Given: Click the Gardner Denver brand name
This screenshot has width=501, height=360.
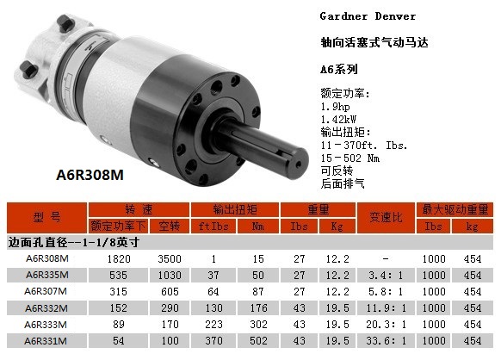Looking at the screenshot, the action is [x=368, y=16].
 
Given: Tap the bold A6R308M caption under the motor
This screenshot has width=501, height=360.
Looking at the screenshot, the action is [x=90, y=175].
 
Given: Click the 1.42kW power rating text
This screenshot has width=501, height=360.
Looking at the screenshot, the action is [x=338, y=120].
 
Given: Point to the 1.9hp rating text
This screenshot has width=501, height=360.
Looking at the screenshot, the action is [x=335, y=107].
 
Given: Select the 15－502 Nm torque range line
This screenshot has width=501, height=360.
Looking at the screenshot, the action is [x=350, y=158].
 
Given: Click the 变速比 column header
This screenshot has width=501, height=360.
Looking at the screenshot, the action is [x=386, y=217].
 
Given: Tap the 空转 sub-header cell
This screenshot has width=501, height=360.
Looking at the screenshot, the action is [x=170, y=226].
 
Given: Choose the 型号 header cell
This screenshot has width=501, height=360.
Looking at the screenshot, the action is [x=46, y=217].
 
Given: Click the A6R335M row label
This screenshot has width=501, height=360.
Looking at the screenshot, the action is [x=47, y=275].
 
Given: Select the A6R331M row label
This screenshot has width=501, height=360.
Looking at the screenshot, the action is [x=46, y=341].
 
